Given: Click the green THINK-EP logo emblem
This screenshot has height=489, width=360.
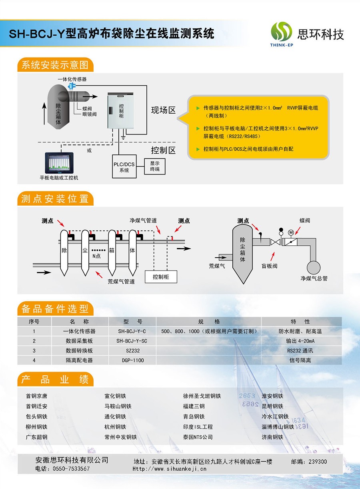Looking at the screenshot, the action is (281, 32).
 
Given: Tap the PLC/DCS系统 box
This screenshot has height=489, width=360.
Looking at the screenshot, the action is (124, 166).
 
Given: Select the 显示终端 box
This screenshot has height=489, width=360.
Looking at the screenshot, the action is (155, 166).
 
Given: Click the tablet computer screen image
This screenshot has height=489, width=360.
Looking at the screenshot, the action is (59, 163).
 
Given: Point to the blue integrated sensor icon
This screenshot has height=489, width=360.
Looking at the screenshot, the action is (71, 86).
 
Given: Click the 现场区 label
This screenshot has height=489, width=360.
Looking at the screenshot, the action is (164, 110).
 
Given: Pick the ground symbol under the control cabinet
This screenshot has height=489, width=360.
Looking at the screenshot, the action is (123, 138).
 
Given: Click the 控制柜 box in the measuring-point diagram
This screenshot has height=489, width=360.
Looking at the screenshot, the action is (161, 277).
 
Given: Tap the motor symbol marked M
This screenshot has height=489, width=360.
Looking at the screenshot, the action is (291, 232).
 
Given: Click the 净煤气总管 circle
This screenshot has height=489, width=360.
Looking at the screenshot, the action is (314, 267).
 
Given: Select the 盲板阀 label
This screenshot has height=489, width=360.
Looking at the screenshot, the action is (270, 266).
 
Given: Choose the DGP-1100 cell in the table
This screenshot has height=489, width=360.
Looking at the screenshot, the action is (133, 360).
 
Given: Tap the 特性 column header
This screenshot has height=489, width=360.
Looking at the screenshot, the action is (300, 322).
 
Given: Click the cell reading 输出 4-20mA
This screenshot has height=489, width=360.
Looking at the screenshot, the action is (300, 341).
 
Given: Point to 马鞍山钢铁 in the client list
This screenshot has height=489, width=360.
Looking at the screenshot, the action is (118, 406).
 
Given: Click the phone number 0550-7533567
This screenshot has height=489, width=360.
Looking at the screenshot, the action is (71, 469).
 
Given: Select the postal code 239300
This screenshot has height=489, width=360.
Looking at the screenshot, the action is (318, 461).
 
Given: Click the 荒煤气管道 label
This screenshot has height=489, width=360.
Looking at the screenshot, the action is (121, 281).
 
